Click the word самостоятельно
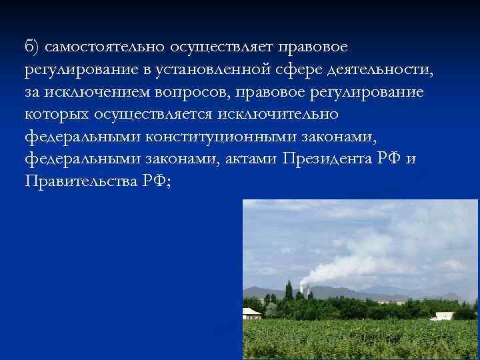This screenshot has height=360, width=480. coord(106,47)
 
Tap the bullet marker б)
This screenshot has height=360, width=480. coord(32,47)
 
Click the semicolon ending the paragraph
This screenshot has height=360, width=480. coord(168,181)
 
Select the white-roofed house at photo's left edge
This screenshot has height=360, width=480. coord(251,312)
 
